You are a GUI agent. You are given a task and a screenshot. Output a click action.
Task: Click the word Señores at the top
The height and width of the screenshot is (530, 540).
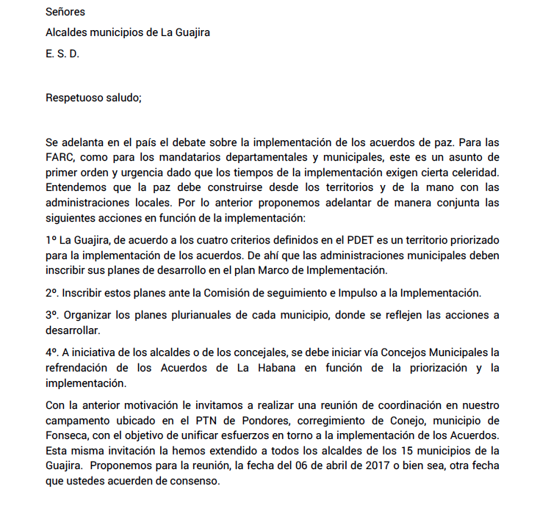coord(65,12)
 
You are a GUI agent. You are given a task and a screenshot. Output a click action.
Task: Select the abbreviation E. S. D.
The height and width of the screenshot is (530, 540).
coord(62,54)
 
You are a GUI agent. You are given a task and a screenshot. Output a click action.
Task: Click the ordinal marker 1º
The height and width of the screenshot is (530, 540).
coord(51,240)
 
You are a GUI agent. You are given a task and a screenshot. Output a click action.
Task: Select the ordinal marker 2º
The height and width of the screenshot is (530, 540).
coord(52,292)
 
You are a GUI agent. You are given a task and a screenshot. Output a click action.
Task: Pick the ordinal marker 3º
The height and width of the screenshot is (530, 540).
coord(52,315)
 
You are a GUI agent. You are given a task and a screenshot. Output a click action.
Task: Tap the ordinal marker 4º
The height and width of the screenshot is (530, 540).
coord(52,352)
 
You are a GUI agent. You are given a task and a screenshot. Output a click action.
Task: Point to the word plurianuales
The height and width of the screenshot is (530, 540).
coord(201,315)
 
